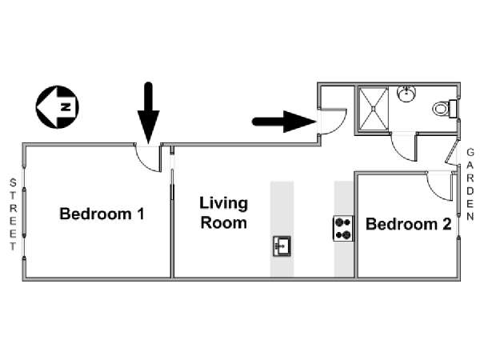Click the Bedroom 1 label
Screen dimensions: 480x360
coord(102,214)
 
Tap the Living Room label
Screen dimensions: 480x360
coord(223,213)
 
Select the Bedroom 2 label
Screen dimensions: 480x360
coord(408,224)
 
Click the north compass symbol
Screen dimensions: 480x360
coord(58,107)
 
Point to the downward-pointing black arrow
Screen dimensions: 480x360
coord(149,113)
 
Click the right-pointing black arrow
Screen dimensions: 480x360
coord(284,122)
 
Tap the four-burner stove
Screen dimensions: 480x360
coord(343,228)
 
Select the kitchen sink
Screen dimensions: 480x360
coord(282,246)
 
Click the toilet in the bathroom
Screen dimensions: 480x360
coord(445,108)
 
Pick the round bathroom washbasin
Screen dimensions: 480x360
coord(406,93)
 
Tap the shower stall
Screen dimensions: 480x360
coord(373,109)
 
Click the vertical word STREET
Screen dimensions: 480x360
coord(13,214)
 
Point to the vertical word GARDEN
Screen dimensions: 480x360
coord(470,184)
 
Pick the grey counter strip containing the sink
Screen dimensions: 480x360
coord(282,229)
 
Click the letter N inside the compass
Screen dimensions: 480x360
coord(66,107)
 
